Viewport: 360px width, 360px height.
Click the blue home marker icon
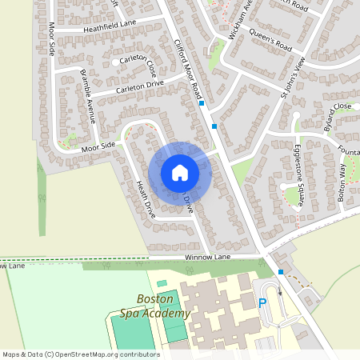(180, 172)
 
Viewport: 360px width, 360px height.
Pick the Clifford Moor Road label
(188, 70)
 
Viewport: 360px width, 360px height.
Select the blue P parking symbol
(262, 304)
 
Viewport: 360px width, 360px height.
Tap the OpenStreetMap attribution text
(80, 354)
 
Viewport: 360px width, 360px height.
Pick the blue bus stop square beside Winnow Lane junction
(281, 272)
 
